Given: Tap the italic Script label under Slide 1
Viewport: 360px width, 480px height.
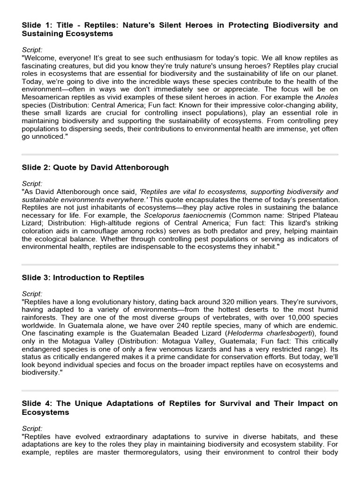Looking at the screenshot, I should [x=32, y=49].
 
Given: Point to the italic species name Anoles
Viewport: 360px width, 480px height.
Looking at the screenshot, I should [x=326, y=97].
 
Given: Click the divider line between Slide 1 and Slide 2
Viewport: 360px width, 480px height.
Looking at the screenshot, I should [x=180, y=154].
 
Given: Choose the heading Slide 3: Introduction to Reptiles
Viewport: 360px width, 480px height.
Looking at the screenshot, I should [x=83, y=277].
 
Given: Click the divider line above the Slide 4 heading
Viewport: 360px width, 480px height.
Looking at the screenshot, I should [x=180, y=390].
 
